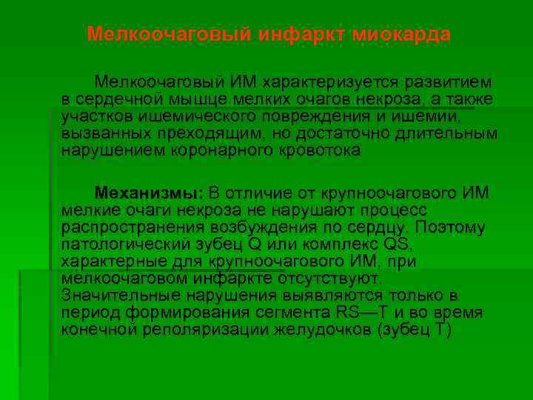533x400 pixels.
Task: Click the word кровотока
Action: click(x=320, y=150)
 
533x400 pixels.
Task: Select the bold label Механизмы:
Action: click(x=148, y=193)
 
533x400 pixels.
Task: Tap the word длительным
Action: click(x=449, y=133)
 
